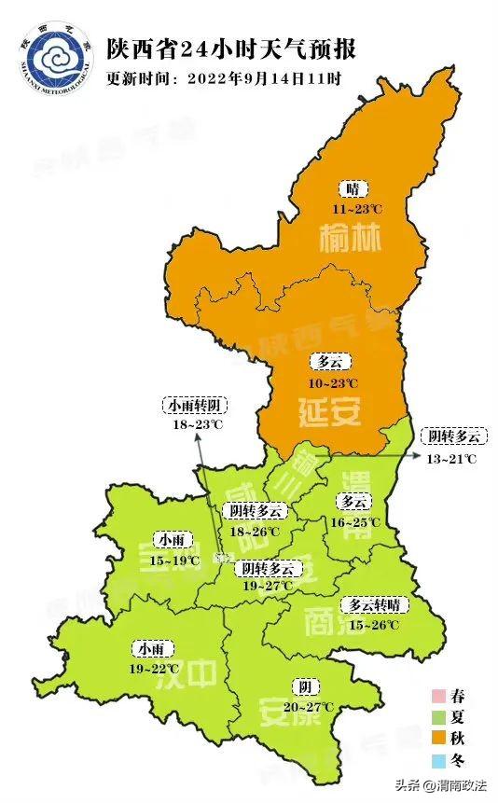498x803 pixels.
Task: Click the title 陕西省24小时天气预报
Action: (230, 48)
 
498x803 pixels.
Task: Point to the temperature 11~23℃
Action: (352, 207)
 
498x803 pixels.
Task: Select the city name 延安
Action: (329, 409)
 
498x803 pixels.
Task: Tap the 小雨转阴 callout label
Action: (196, 406)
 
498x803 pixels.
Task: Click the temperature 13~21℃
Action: (452, 458)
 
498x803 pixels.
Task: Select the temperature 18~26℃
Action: (255, 532)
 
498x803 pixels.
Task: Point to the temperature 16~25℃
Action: (355, 522)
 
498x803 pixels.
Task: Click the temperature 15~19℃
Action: (175, 561)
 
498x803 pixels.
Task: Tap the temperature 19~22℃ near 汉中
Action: (153, 669)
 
